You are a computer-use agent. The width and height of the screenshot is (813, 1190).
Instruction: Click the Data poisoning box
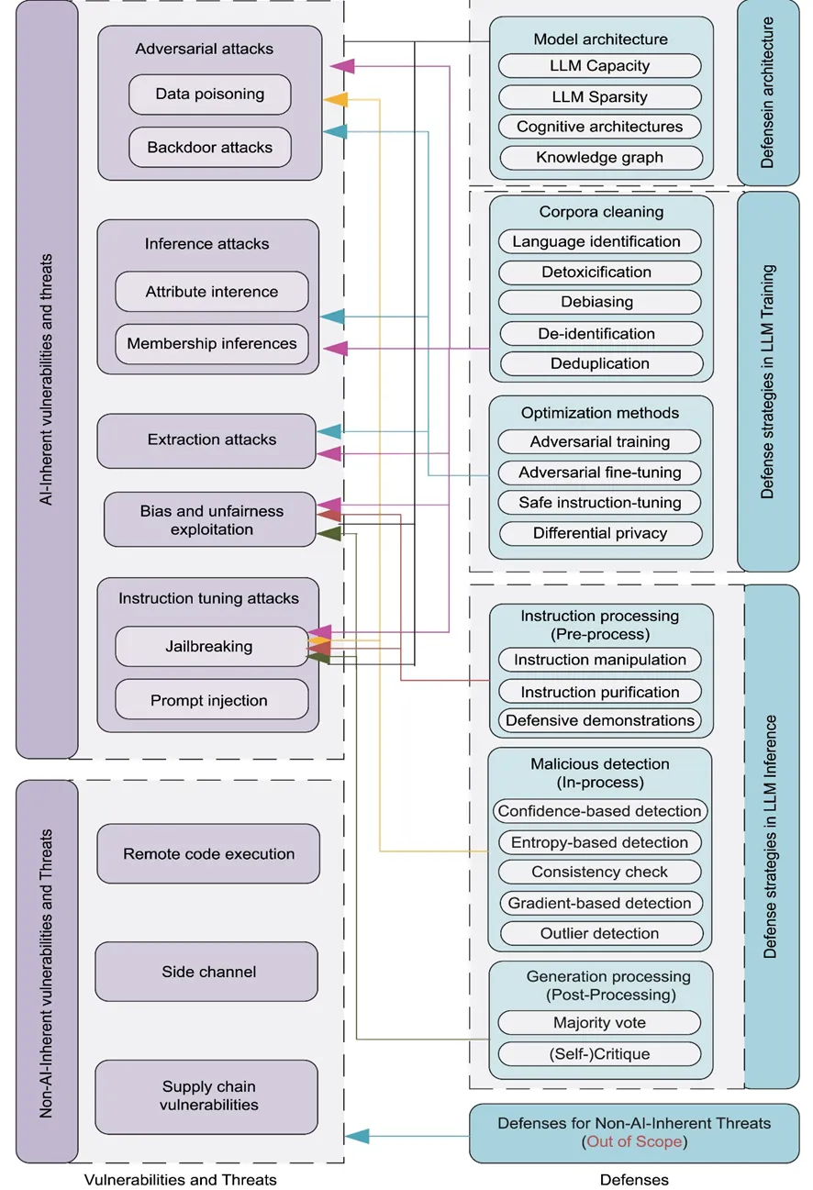(x=210, y=95)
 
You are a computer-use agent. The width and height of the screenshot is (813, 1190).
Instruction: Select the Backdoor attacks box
(x=210, y=148)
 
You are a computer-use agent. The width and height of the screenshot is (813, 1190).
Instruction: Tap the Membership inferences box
(x=212, y=344)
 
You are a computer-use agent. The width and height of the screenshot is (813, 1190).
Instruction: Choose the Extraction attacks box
(x=212, y=440)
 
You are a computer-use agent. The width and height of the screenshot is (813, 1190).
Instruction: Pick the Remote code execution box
(x=209, y=854)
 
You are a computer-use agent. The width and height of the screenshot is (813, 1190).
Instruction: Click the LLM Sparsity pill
(x=600, y=97)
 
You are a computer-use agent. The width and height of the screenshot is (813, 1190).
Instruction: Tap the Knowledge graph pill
(x=600, y=158)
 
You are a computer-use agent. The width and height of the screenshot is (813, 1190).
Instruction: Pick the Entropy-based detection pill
(x=600, y=842)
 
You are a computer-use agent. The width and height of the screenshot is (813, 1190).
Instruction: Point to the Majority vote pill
(x=600, y=1023)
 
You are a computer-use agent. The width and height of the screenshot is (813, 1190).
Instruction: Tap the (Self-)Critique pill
(x=600, y=1053)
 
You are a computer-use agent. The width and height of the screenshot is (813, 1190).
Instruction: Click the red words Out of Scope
(x=634, y=1142)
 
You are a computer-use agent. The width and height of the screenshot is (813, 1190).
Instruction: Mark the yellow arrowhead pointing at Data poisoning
(x=336, y=99)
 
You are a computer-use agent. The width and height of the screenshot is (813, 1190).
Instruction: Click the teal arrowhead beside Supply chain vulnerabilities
(x=356, y=1137)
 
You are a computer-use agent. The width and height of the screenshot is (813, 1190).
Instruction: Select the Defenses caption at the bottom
(x=634, y=1180)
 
